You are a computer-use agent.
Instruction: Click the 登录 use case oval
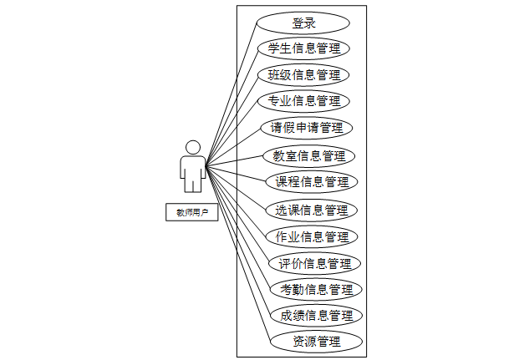point(303,23)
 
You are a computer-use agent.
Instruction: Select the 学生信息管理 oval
point(303,48)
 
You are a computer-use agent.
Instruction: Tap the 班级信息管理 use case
point(303,75)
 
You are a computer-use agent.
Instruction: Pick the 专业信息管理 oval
point(303,101)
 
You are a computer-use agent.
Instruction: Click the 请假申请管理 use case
point(307,128)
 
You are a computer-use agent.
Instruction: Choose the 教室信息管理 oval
point(309,155)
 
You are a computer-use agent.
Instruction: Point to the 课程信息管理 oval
point(312,181)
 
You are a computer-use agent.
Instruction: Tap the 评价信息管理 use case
point(315,264)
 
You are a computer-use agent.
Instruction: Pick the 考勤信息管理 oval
point(316,290)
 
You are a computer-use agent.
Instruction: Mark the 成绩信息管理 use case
point(316,316)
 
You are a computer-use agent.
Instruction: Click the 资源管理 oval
point(316,342)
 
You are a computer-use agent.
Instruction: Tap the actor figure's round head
point(193,147)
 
